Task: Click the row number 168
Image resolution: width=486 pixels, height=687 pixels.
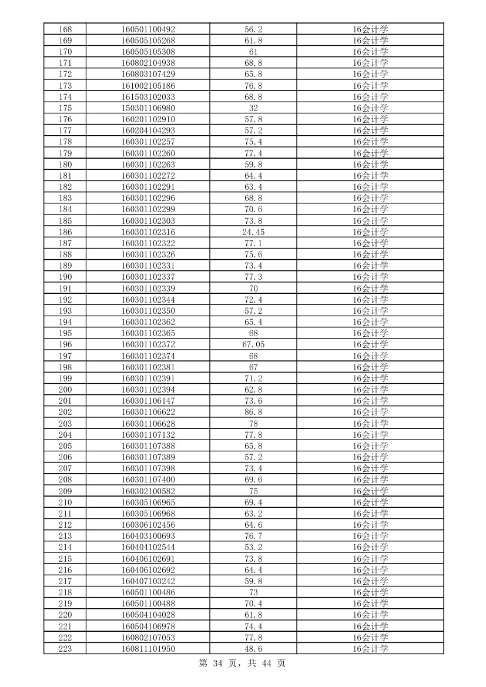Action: [x=65, y=29]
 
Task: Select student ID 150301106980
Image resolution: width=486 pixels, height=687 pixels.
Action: [x=148, y=108]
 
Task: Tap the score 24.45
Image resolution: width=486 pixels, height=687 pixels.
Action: [x=253, y=232]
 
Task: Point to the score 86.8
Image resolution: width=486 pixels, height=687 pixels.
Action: [x=253, y=413]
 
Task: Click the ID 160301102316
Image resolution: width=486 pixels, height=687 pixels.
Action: [x=148, y=232]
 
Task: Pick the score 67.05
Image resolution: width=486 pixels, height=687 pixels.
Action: [x=253, y=345]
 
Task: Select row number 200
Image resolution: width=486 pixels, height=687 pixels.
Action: [x=65, y=390]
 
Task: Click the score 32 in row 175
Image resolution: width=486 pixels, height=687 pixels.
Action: [x=253, y=108]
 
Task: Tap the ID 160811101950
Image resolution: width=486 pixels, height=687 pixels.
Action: [x=148, y=649]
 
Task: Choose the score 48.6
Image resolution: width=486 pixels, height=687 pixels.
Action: [x=253, y=649]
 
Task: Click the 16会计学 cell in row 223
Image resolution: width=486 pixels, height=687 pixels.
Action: [x=370, y=649]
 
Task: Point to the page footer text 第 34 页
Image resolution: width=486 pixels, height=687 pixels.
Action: [x=220, y=663]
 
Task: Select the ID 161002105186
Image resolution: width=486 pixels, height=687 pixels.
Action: [x=148, y=86]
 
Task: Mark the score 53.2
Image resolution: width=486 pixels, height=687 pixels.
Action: [x=253, y=547]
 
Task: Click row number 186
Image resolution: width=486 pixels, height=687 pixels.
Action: [x=65, y=232]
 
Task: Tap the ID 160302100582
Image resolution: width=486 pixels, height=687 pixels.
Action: [x=148, y=491]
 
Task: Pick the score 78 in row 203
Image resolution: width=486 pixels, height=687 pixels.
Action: [x=253, y=424]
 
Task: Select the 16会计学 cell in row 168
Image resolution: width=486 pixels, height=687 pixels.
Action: [x=370, y=29]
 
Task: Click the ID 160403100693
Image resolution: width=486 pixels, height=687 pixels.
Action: [x=148, y=536]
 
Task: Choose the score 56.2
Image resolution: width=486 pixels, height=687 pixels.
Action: [x=253, y=29]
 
